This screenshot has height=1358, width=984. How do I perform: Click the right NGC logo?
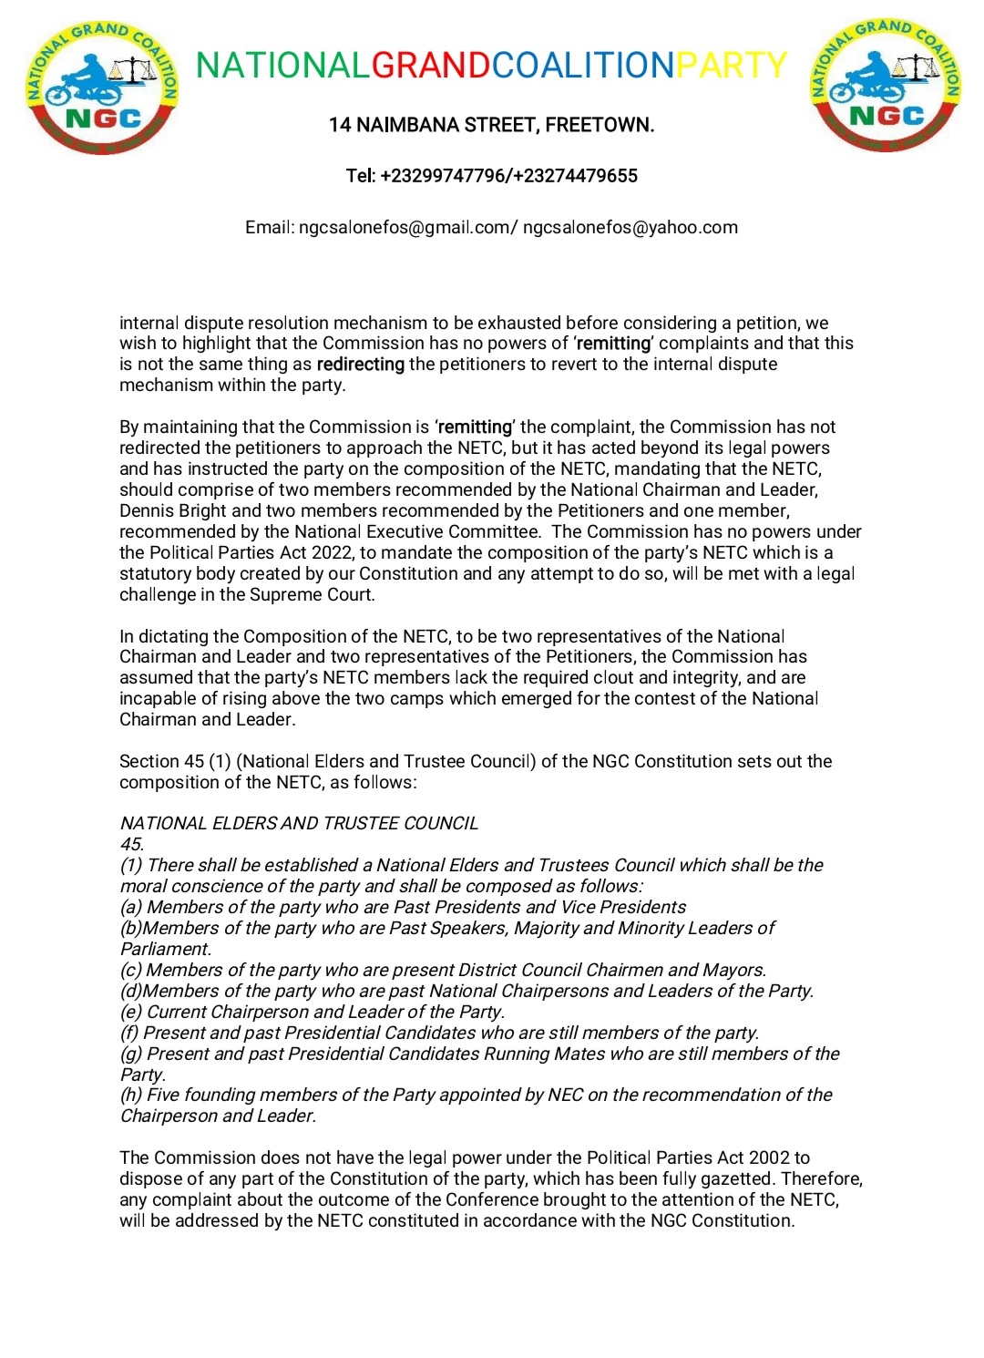point(886,86)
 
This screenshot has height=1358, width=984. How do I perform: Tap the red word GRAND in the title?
point(431,66)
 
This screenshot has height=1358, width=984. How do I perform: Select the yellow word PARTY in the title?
point(731,66)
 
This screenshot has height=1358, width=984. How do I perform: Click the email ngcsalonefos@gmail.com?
point(405,228)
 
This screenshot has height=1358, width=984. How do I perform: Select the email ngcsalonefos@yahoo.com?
point(630,228)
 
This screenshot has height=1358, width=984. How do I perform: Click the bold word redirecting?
point(361,365)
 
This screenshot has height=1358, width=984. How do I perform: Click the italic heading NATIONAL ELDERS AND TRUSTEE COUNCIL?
point(299,824)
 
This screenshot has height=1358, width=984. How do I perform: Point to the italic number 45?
point(132,845)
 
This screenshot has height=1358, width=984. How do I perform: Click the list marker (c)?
point(131,971)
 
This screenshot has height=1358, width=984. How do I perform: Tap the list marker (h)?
point(131,1096)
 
